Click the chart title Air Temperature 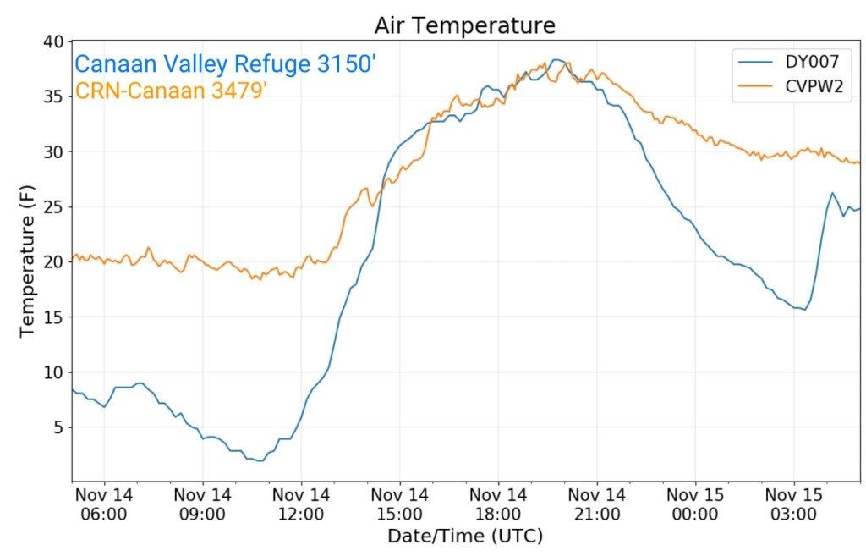[464, 26]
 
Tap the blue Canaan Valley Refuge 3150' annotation [224, 65]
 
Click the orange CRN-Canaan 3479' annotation [172, 91]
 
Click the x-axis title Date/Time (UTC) [464, 536]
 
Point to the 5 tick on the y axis [57, 428]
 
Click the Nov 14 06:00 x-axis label [104, 504]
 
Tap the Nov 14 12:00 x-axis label [301, 504]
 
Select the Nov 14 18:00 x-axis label [498, 504]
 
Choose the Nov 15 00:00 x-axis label [695, 504]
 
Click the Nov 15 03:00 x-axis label [793, 504]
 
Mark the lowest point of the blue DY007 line [258, 460]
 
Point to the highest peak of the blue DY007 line [556, 59]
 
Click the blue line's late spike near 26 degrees [832, 193]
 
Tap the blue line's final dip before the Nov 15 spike [804, 310]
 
